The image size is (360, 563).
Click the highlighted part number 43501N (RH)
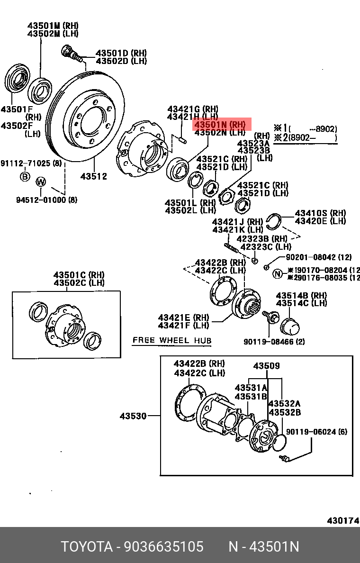click(x=221, y=125)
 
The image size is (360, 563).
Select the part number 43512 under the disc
click(x=93, y=176)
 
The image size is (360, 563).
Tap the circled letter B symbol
click(x=24, y=177)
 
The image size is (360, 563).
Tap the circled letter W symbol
click(x=41, y=181)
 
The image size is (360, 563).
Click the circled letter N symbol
click(x=278, y=273)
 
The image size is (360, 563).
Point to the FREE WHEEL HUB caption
click(x=172, y=340)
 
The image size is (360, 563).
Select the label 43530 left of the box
click(x=133, y=416)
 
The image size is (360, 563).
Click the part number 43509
click(x=266, y=365)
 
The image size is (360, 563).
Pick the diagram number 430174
click(x=342, y=521)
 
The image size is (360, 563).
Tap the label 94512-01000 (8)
click(x=46, y=200)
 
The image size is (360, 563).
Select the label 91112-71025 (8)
click(x=31, y=163)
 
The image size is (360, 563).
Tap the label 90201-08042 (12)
click(x=318, y=257)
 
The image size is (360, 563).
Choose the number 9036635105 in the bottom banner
click(x=163, y=546)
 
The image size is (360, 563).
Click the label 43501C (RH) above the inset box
click(x=79, y=275)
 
